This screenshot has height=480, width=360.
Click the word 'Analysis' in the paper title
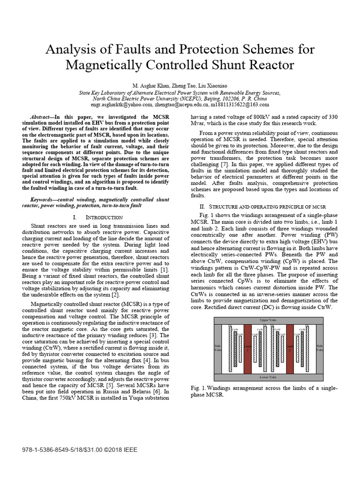(70, 50)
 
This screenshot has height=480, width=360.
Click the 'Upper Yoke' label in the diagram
(269, 320)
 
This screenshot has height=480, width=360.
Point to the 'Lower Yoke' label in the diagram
(269, 376)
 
